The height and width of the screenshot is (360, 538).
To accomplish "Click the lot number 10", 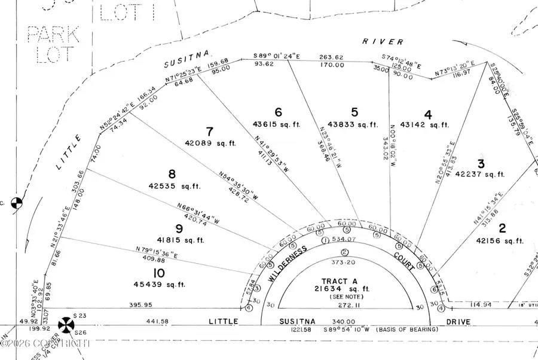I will [158, 273].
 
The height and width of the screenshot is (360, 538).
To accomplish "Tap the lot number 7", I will [209, 131].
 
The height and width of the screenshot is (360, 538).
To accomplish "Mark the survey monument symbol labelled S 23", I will [66, 326].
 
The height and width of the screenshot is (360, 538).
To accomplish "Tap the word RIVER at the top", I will [383, 41].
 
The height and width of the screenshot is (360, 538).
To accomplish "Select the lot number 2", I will [502, 227].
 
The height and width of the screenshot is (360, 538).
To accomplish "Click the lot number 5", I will [354, 112].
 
